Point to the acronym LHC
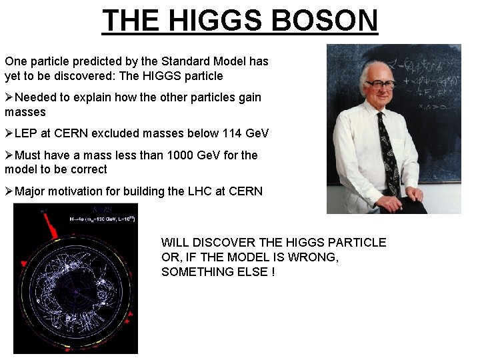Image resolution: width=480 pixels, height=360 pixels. (x=199, y=191)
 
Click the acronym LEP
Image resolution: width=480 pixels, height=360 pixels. (x=27, y=133)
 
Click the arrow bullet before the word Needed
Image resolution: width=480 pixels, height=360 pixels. (x=9, y=97)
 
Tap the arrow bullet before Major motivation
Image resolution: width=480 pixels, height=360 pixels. (x=9, y=191)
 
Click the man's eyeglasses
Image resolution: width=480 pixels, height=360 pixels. (x=381, y=85)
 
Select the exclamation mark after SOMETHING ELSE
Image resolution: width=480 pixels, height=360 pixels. (x=273, y=272)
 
